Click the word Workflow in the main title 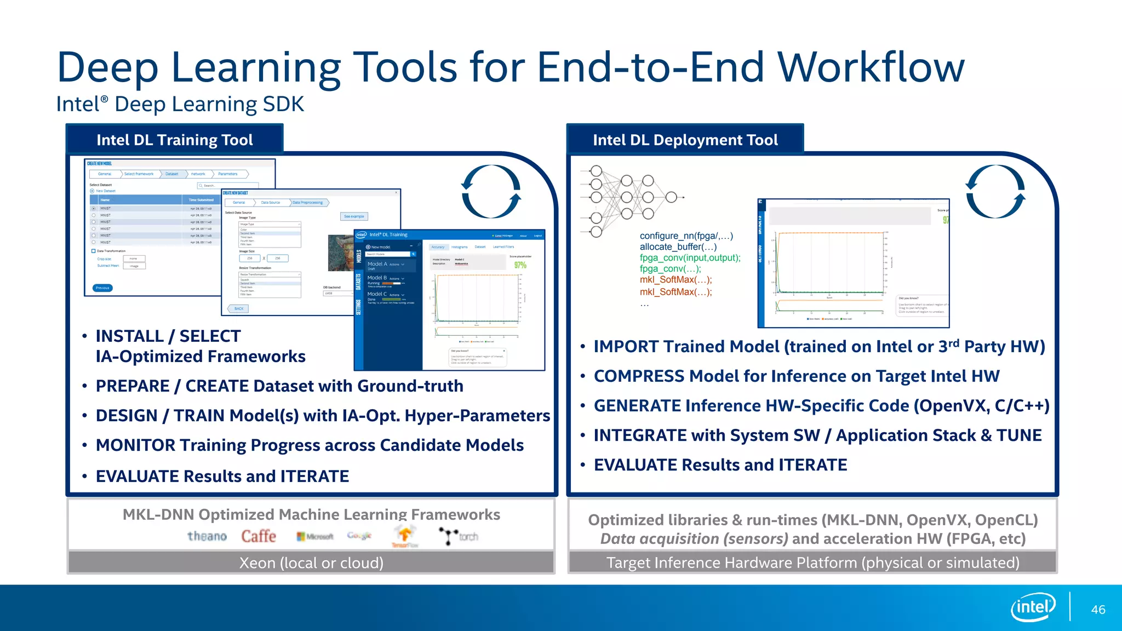click(x=871, y=67)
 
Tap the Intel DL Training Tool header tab click(x=174, y=140)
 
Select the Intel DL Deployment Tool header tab click(x=685, y=140)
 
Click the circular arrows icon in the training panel click(x=491, y=192)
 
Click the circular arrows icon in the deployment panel click(x=995, y=192)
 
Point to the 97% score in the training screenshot click(x=520, y=265)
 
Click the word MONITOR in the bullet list click(x=135, y=445)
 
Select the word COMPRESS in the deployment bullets click(x=639, y=376)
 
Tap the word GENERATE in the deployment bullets click(x=637, y=406)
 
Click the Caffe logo click(x=259, y=536)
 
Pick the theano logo click(x=207, y=536)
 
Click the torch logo click(x=459, y=536)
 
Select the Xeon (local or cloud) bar click(x=311, y=563)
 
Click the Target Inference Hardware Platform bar click(x=812, y=563)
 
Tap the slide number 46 click(x=1098, y=610)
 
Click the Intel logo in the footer click(x=1033, y=607)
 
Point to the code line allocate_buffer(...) click(x=678, y=247)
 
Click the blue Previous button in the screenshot click(x=102, y=288)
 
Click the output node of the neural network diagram click(x=671, y=197)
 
